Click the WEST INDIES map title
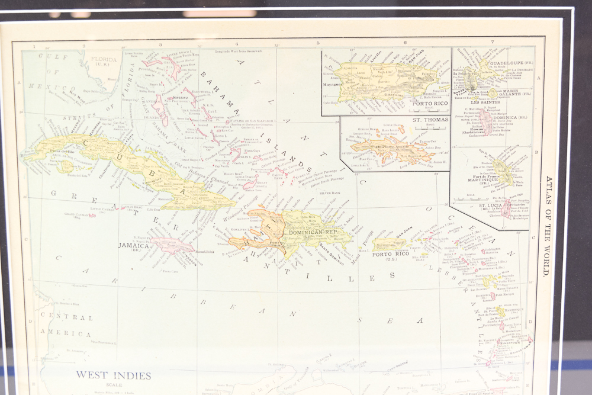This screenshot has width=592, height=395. pos(113,375)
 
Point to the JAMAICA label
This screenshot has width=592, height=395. pos(133,245)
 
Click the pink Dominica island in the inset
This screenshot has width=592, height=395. pos(487,121)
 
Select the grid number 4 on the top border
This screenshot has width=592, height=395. pos(237,43)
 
